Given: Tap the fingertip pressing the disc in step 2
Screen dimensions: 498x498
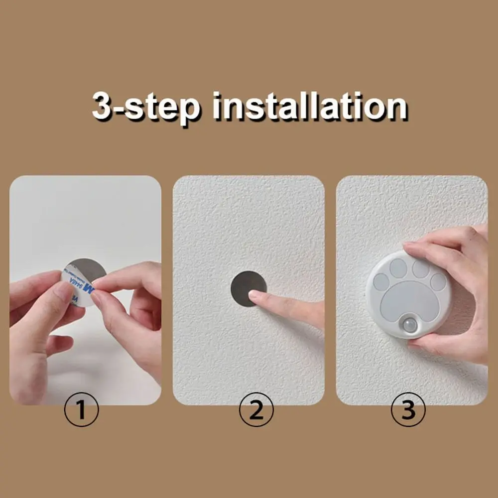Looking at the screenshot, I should (x=254, y=295).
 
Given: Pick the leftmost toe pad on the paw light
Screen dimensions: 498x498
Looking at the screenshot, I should (x=381, y=281).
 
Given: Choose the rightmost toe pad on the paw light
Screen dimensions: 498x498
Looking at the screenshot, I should (x=438, y=282).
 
